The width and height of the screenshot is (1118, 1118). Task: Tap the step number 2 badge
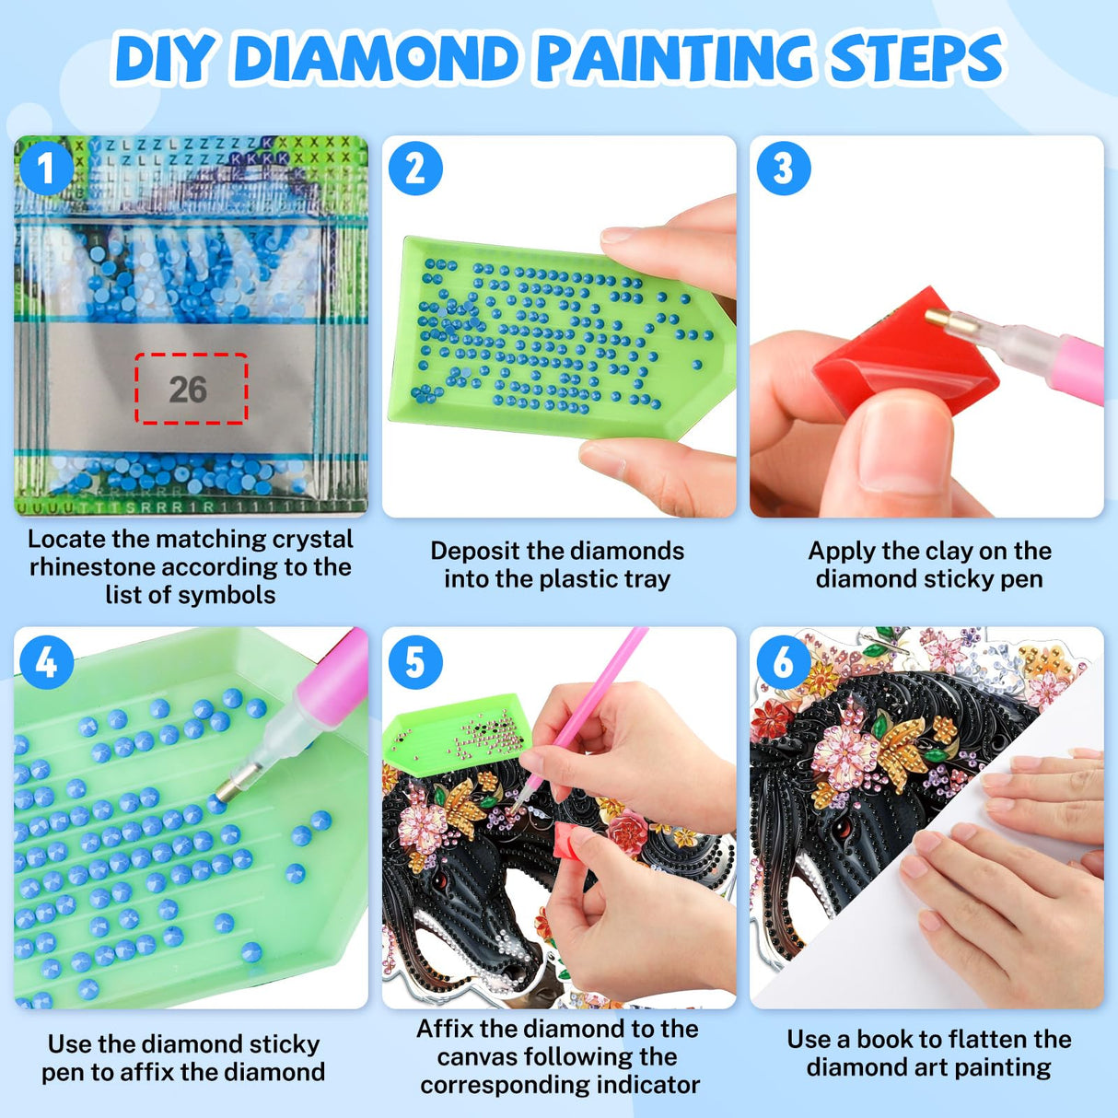point(414,169)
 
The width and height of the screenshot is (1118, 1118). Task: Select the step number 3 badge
point(783,169)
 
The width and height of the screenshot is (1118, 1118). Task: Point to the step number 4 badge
point(45,661)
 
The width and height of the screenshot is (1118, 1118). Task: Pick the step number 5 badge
point(414,661)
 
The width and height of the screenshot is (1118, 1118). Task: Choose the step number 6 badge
point(783,661)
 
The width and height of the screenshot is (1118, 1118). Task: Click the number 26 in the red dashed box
point(188,390)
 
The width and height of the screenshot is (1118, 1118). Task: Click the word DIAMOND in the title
point(378,59)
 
